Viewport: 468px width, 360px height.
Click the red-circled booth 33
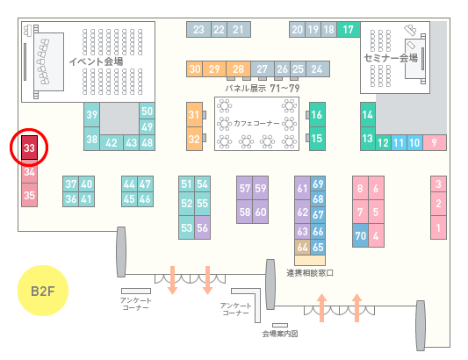[29, 148]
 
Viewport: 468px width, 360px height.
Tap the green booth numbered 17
[349, 30]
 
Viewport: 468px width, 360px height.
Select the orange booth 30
[195, 69]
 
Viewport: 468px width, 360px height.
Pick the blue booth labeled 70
[360, 235]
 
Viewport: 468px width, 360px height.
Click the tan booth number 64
[302, 247]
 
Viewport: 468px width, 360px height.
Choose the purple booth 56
[202, 227]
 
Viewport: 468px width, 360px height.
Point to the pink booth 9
[435, 143]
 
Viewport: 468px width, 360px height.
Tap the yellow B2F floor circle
[43, 291]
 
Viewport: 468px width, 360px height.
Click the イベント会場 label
[96, 61]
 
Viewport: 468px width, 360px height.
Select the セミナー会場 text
[391, 58]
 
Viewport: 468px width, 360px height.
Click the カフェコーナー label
[256, 123]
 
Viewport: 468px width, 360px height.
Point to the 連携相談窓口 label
[310, 273]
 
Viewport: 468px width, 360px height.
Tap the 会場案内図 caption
[280, 334]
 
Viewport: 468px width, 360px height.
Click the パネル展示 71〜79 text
[263, 89]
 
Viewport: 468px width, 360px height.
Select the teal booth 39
[91, 115]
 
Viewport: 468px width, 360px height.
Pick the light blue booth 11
[399, 143]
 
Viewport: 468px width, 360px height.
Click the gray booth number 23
[198, 30]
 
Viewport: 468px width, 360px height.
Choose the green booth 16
[317, 114]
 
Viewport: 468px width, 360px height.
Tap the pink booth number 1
[438, 227]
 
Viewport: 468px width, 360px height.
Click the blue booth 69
[318, 184]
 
